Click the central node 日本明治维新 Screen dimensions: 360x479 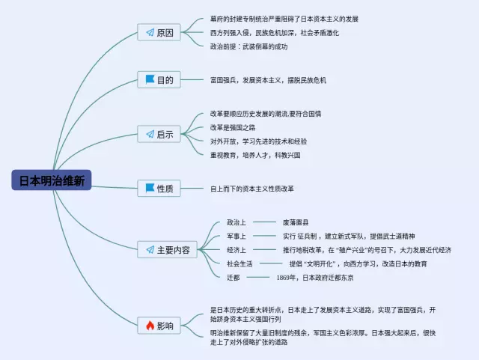(52, 180)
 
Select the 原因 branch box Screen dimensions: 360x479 (159, 32)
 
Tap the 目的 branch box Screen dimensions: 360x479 (159, 79)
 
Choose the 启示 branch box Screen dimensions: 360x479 (159, 134)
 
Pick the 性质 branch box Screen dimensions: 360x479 (159, 189)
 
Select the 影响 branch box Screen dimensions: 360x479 (159, 326)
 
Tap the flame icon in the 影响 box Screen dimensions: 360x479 (150, 326)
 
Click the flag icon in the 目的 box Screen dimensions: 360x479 (150, 79)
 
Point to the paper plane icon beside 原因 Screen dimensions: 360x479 (150, 32)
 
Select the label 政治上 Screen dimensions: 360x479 (237, 222)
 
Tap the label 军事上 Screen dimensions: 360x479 (237, 236)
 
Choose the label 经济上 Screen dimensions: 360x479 (237, 249)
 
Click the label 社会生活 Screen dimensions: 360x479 (240, 263)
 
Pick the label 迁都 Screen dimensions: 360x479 (234, 277)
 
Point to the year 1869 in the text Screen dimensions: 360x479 (285, 278)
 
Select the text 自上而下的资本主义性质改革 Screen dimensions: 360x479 (252, 189)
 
